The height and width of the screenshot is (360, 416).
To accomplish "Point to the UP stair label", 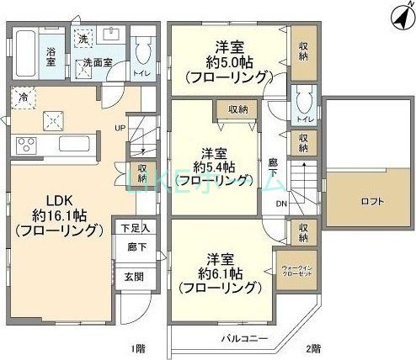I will [x=121, y=129].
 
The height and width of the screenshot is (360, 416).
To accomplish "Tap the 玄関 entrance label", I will [x=134, y=277].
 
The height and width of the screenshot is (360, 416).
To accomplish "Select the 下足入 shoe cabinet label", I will [x=134, y=228].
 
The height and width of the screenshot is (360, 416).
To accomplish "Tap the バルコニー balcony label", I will [x=245, y=338].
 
